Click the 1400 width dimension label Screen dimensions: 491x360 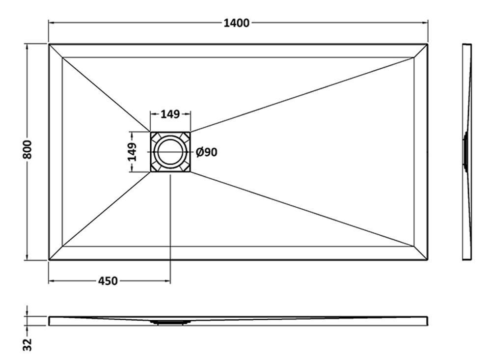pos(237,23)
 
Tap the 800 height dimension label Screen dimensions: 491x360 pos(27,149)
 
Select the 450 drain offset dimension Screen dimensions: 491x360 pos(108,281)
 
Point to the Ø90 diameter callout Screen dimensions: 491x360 pos(207,152)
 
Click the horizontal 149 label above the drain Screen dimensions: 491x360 pos(170,114)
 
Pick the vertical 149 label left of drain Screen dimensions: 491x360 pos(132,152)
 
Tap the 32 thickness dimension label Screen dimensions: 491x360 pos(27,344)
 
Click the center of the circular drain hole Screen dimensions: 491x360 pos(170,152)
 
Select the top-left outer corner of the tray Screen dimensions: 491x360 pos(49,44)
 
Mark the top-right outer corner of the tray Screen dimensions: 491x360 pos(428,44)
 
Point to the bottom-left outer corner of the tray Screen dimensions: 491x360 pos(49,260)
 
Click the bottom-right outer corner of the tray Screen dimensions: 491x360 pos(428,260)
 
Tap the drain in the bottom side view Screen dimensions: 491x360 pos(170,322)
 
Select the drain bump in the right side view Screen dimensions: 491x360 pos(465,152)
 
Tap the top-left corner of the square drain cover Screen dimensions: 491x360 pos(151,132)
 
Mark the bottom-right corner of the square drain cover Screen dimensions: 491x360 pos(190,172)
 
